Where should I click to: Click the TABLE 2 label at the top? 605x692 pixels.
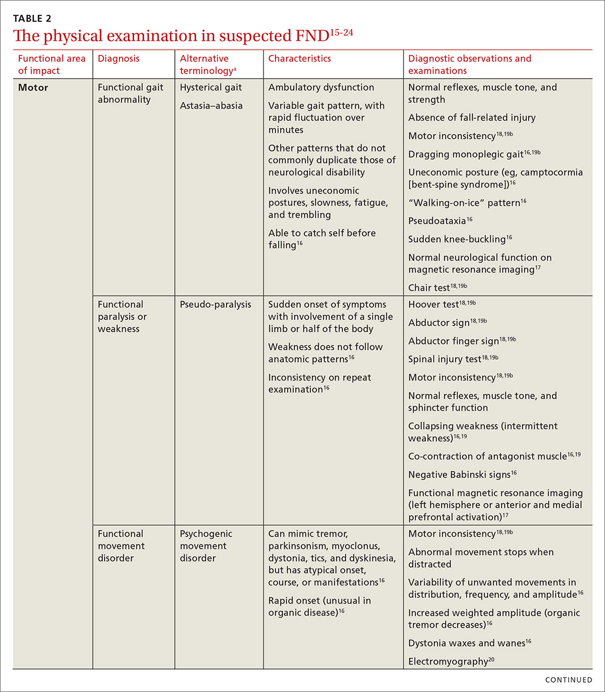(x=32, y=19)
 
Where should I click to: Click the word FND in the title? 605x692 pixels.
(x=311, y=36)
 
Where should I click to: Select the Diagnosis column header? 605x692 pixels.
(x=118, y=58)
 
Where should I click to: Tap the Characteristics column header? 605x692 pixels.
(x=299, y=58)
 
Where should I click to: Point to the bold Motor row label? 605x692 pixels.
(x=33, y=87)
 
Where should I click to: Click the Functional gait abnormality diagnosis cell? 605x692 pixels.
(x=130, y=94)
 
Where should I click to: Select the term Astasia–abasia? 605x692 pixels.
(x=211, y=106)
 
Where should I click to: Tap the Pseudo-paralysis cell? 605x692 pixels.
(x=215, y=304)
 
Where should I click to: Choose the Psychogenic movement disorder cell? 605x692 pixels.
(x=206, y=546)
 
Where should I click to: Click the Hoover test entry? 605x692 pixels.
(x=433, y=304)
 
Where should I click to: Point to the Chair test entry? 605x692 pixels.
(x=429, y=288)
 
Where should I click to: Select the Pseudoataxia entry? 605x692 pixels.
(x=437, y=221)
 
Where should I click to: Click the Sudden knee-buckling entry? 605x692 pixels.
(x=457, y=239)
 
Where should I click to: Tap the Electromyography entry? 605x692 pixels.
(x=448, y=662)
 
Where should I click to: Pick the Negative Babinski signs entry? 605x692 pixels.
(x=459, y=475)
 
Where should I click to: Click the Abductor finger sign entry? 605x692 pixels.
(x=453, y=341)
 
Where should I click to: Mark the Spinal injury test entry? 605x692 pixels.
(x=444, y=359)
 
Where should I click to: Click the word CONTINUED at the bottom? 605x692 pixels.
(x=568, y=680)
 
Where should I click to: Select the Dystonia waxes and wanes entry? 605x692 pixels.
(x=466, y=643)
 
